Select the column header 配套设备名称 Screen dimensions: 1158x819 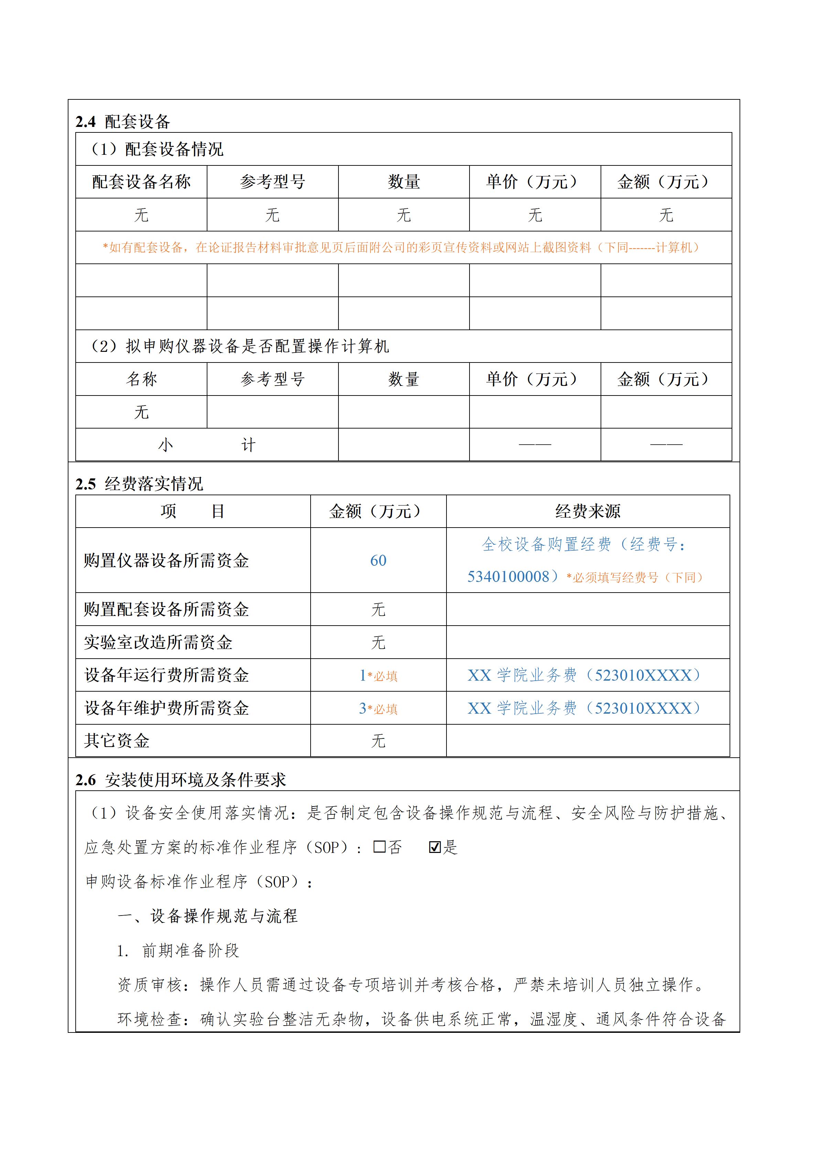coord(141,182)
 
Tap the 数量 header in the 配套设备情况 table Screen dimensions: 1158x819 coord(403,182)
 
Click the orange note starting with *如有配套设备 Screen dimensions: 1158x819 coord(401,248)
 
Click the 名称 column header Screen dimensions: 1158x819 coord(141,379)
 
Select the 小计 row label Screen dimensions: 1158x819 coord(207,445)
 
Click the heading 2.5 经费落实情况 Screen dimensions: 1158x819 coord(139,484)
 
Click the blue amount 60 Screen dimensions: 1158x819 coord(378,560)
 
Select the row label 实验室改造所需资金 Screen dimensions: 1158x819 coord(158,642)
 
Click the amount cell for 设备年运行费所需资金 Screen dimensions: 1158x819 coord(378,675)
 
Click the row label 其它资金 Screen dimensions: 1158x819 coord(117,740)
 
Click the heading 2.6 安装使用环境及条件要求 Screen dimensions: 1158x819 coord(181,780)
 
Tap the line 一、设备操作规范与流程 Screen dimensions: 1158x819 coord(207,916)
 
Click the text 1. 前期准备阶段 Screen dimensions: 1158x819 coord(178,951)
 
